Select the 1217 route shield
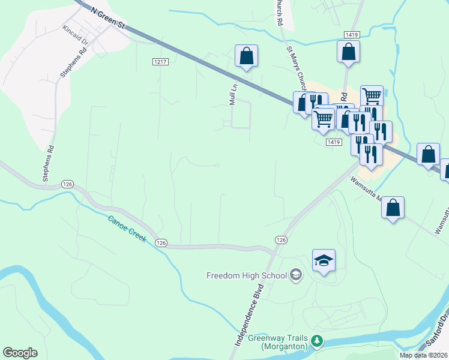(x=159, y=62)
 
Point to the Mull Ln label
(x=234, y=95)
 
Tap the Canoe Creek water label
(x=128, y=229)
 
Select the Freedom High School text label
(x=246, y=275)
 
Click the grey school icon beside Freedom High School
(x=295, y=275)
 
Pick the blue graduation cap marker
(x=324, y=261)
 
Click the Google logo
(x=20, y=352)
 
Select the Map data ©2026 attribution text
(x=423, y=355)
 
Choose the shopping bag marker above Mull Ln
(x=246, y=56)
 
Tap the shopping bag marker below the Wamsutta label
(x=393, y=208)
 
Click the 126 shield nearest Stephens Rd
(x=67, y=184)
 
